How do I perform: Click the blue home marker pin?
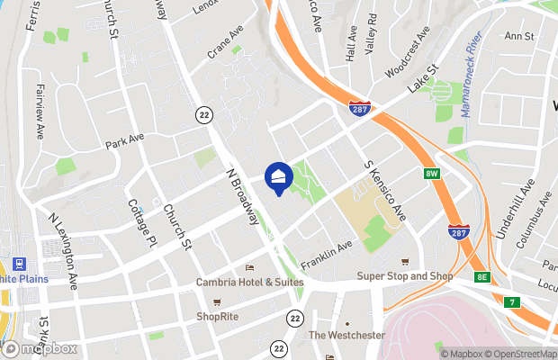[x=279, y=177]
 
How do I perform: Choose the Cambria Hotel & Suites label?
[x=250, y=283]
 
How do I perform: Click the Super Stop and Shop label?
[x=404, y=275]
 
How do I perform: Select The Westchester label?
[x=346, y=336]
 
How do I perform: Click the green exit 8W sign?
[x=432, y=173]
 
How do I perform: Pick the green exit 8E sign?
[x=483, y=276]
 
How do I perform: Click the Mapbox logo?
[x=40, y=348]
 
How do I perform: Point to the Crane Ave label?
[x=225, y=42]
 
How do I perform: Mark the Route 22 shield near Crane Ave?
[x=205, y=114]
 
